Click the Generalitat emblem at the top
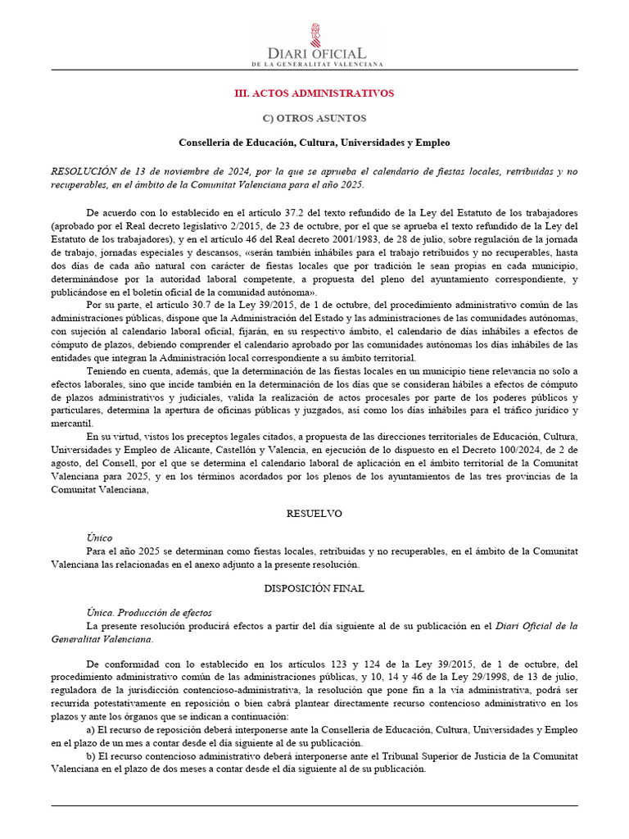314,34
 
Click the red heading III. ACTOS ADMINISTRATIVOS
314,93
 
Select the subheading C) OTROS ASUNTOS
314,119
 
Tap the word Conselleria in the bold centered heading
206,143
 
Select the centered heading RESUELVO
314,514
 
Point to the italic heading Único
100,538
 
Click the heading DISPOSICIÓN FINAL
314,588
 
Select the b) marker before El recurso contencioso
92,757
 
